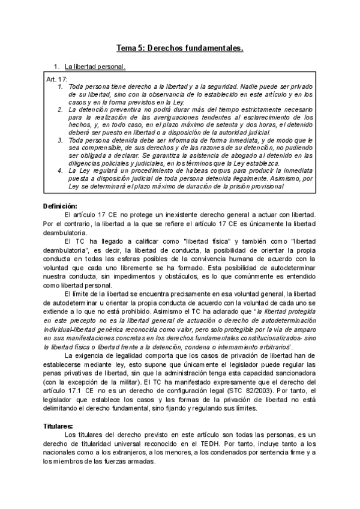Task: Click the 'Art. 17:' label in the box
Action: [57, 79]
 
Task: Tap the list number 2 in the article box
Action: [60, 110]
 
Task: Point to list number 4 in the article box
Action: [60, 171]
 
